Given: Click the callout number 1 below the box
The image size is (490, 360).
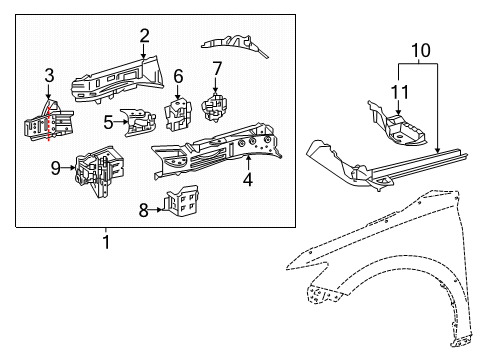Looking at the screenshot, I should (107, 241).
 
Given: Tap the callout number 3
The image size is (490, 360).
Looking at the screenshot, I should (49, 76).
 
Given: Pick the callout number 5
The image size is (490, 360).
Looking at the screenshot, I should (107, 121).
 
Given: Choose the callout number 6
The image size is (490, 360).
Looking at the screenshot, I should (178, 75).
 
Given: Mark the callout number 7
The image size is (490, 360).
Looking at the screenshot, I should (215, 69).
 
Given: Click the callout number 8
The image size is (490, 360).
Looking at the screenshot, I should (144, 210).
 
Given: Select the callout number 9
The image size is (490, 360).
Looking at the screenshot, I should (56, 169).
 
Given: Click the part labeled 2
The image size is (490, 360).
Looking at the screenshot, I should (115, 74).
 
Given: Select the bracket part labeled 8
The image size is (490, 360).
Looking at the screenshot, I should (180, 203).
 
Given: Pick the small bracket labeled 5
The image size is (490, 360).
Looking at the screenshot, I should (139, 122).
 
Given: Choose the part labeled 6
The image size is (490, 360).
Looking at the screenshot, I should (180, 112).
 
